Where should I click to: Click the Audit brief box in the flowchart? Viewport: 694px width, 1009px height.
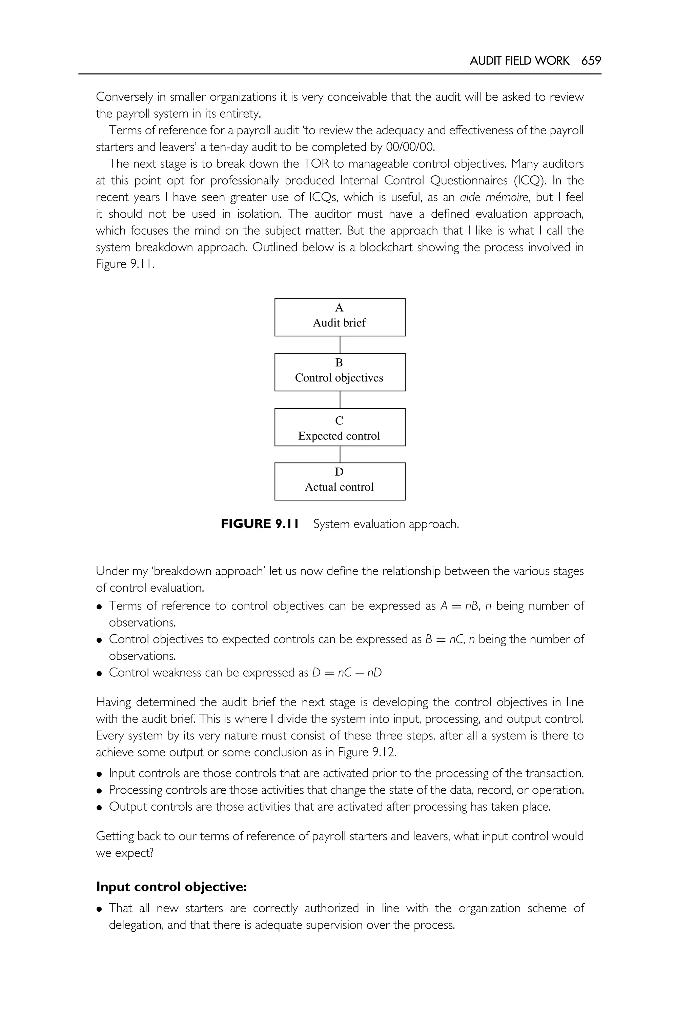340,317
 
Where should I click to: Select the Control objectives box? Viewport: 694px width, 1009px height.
340,372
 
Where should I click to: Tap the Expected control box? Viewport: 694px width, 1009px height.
340,427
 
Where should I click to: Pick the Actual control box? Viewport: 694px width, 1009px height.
340,481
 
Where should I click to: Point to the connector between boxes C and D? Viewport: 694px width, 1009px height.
340,454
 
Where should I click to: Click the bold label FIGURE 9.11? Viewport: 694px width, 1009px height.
260,524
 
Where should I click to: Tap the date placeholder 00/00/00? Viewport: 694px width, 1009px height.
410,147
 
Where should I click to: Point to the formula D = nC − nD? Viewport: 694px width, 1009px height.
347,673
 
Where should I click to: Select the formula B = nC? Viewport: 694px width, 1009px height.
444,639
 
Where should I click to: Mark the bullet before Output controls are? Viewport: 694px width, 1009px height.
100,808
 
